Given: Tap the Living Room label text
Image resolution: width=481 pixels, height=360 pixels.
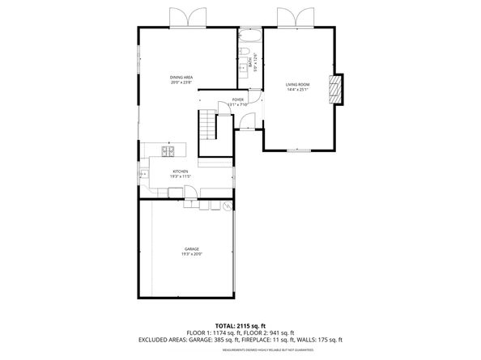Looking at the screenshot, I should (297, 84).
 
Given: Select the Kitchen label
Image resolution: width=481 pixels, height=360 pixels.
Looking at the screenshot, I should (180, 171).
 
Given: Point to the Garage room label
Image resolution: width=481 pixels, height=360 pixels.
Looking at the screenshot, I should (191, 249).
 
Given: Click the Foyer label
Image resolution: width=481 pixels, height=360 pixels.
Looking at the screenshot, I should (238, 100).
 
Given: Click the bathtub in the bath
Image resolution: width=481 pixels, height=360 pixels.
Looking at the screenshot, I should (249, 37).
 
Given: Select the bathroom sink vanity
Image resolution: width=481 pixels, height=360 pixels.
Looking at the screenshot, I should (242, 69).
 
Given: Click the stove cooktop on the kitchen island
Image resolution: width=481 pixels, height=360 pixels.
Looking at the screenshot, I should (168, 150).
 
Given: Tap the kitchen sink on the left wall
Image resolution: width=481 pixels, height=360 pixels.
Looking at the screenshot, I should (144, 172).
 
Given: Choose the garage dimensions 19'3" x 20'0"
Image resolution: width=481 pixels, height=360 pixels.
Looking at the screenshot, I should (191, 255).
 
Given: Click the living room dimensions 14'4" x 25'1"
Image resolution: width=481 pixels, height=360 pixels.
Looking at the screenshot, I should (297, 89).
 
